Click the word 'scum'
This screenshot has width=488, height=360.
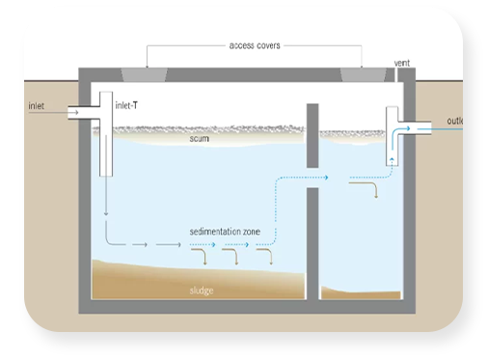pos(200,138)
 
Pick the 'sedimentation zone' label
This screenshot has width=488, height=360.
pos(231,233)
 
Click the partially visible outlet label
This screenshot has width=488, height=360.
pos(456,121)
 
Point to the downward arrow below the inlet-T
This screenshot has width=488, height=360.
pos(103,208)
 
